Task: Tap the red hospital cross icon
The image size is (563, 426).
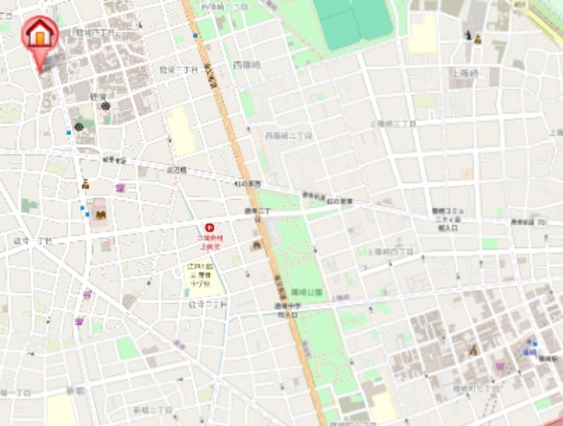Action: coord(209,227)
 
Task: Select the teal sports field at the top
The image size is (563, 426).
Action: coord(353,22)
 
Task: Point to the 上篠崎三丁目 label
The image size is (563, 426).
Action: coord(393,123)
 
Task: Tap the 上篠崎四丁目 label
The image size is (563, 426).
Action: coord(390,251)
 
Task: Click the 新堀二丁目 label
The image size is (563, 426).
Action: coord(152,409)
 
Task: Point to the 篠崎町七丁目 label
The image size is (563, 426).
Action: coord(476,387)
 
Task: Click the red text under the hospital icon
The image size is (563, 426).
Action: coord(209,242)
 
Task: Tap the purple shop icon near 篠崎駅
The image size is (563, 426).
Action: coord(500,366)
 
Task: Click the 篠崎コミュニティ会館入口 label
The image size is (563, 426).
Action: coord(448,219)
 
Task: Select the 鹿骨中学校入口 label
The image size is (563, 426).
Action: coord(288,311)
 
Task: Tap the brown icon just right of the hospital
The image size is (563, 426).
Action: coord(256,245)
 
